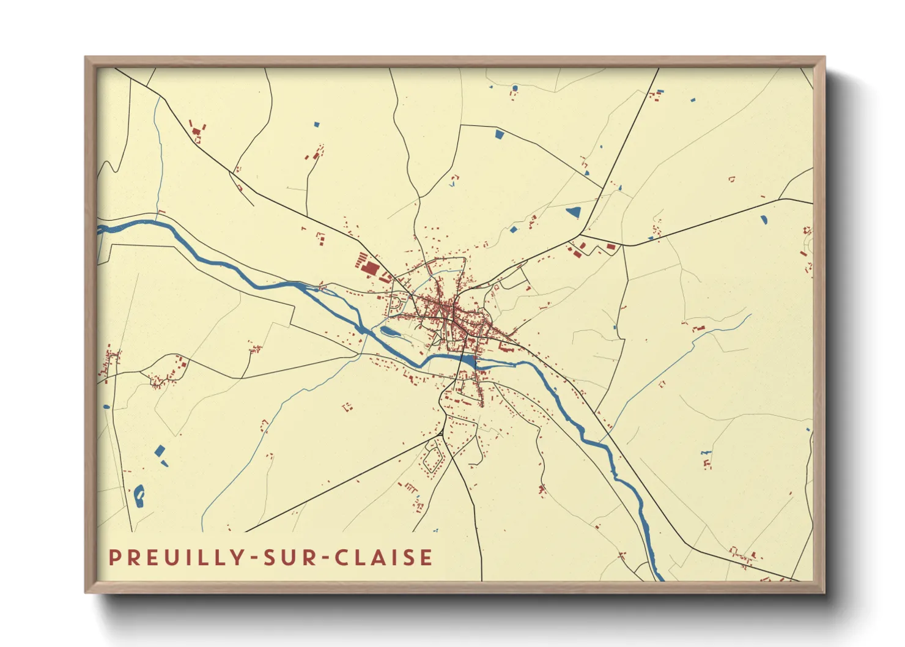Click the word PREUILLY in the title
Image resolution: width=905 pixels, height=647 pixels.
[x=178, y=558]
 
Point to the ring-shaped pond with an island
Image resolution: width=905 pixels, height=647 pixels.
[x=139, y=496]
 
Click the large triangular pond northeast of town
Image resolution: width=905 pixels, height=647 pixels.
[x=574, y=212]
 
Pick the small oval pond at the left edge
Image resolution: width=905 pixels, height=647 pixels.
[x=106, y=406]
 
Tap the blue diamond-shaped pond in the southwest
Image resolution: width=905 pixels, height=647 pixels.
[x=160, y=451]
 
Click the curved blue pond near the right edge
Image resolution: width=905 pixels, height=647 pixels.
[x=764, y=219]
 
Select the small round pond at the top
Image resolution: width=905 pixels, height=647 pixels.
[x=515, y=89]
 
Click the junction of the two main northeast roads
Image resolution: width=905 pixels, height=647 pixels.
[x=580, y=234]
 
